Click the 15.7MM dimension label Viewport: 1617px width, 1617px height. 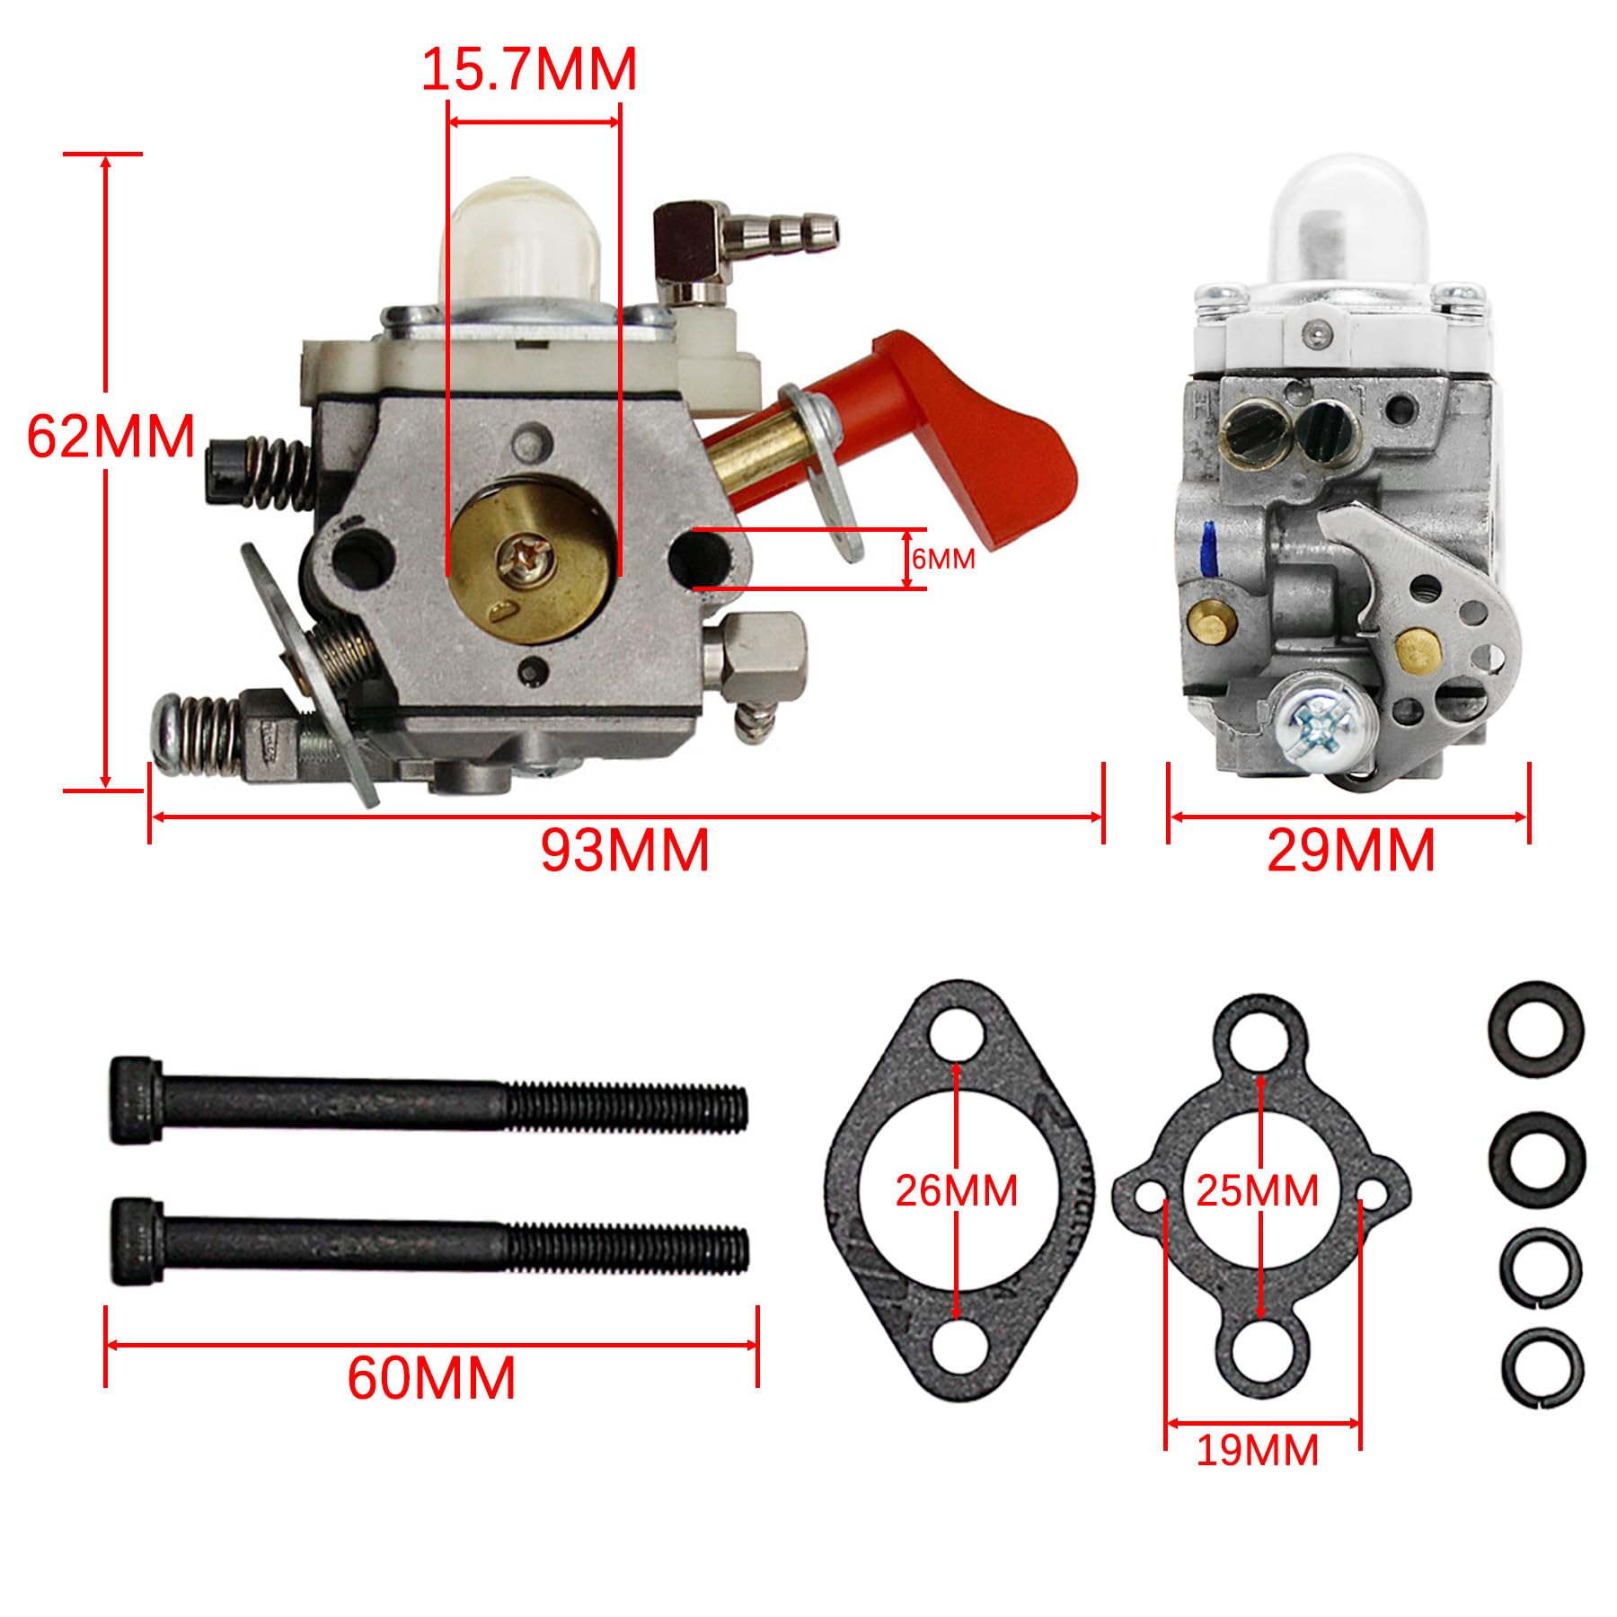coord(528,69)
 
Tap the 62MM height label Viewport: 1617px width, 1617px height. coord(110,437)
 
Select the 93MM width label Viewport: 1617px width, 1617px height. coord(625,850)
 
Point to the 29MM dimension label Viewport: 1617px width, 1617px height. coord(1350,850)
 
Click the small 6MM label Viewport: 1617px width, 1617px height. coord(942,559)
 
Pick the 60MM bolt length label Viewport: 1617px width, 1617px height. coord(431,1378)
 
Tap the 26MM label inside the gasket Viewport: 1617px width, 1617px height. coord(956,1191)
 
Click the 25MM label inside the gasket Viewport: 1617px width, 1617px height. coord(1257,1191)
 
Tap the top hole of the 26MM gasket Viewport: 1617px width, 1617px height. coord(956,1033)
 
